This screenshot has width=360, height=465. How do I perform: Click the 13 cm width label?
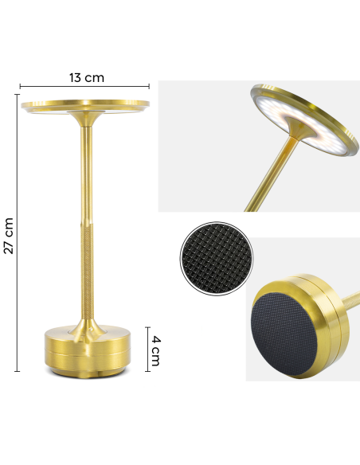point(86,77)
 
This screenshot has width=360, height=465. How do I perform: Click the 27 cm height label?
point(9,235)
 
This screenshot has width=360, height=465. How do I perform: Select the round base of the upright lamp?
point(84,350)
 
